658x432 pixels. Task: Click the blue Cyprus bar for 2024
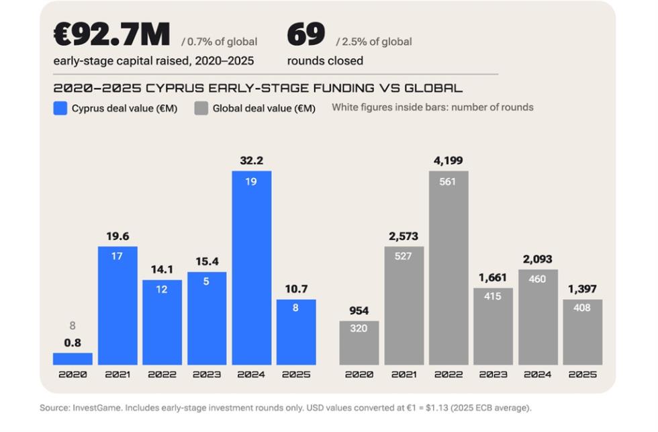point(251,267)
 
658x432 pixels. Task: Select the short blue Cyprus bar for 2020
point(73,359)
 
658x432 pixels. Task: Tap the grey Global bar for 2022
point(449,267)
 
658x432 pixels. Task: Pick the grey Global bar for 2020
point(359,343)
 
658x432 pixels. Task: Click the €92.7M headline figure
point(111,34)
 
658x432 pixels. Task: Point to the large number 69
point(306,34)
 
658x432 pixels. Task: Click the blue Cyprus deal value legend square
point(60,108)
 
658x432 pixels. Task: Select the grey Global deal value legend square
point(201,108)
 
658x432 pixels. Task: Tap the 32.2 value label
point(251,161)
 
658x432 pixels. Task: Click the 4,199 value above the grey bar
point(449,161)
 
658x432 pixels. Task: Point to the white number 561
point(447,182)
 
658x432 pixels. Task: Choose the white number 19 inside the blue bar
point(251,182)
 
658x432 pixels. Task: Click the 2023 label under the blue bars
point(207,374)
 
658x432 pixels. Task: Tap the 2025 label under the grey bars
point(583,374)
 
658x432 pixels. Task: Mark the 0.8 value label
point(73,343)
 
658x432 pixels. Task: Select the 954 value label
point(359,310)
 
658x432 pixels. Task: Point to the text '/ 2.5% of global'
point(374,42)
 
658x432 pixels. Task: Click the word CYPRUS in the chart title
point(175,88)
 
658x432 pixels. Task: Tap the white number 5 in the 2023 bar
point(206,282)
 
